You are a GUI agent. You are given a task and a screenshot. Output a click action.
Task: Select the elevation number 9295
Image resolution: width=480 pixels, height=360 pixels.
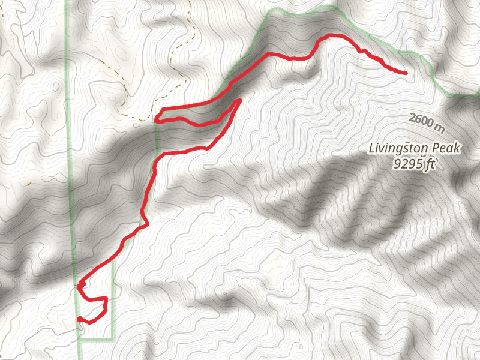(407, 163)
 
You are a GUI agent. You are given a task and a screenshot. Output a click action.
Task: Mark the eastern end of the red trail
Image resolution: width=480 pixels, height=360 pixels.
(406, 73)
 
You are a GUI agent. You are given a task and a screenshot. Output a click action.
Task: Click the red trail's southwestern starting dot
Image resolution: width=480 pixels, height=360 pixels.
(79, 319)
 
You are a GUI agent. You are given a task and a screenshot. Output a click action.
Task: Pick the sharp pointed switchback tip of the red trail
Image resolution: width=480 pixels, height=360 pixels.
(239, 100)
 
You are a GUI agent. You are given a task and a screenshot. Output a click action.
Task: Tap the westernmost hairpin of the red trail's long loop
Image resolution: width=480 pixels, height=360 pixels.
(156, 119)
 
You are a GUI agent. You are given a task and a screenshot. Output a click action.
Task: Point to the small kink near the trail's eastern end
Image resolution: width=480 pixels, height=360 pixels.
(361, 51)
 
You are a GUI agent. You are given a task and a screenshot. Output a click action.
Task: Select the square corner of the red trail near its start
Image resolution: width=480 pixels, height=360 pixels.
(106, 299)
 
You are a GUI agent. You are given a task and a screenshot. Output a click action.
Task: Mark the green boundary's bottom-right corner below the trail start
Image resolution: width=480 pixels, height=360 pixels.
(113, 340)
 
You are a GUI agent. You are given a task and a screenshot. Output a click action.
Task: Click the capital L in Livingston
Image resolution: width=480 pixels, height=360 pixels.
(372, 148)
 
